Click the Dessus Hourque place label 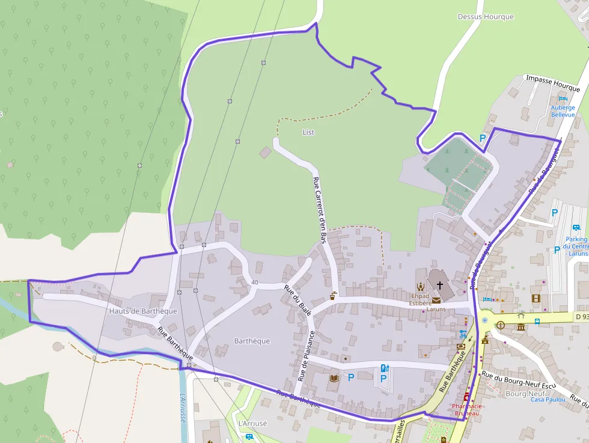pos(486,17)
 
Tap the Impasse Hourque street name pos(553,84)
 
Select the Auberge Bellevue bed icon pos(563,99)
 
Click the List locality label pos(308,132)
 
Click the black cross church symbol pos(440,285)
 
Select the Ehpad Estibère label pos(420,299)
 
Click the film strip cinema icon pos(536,298)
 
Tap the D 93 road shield pos(580,316)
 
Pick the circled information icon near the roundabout pos(500,325)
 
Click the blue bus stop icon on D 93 pos(537,321)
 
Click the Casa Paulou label pos(548,399)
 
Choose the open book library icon pos(334,379)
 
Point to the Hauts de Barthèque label pos(143,311)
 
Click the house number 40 pos(255,283)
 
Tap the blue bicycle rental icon pos(462,334)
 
